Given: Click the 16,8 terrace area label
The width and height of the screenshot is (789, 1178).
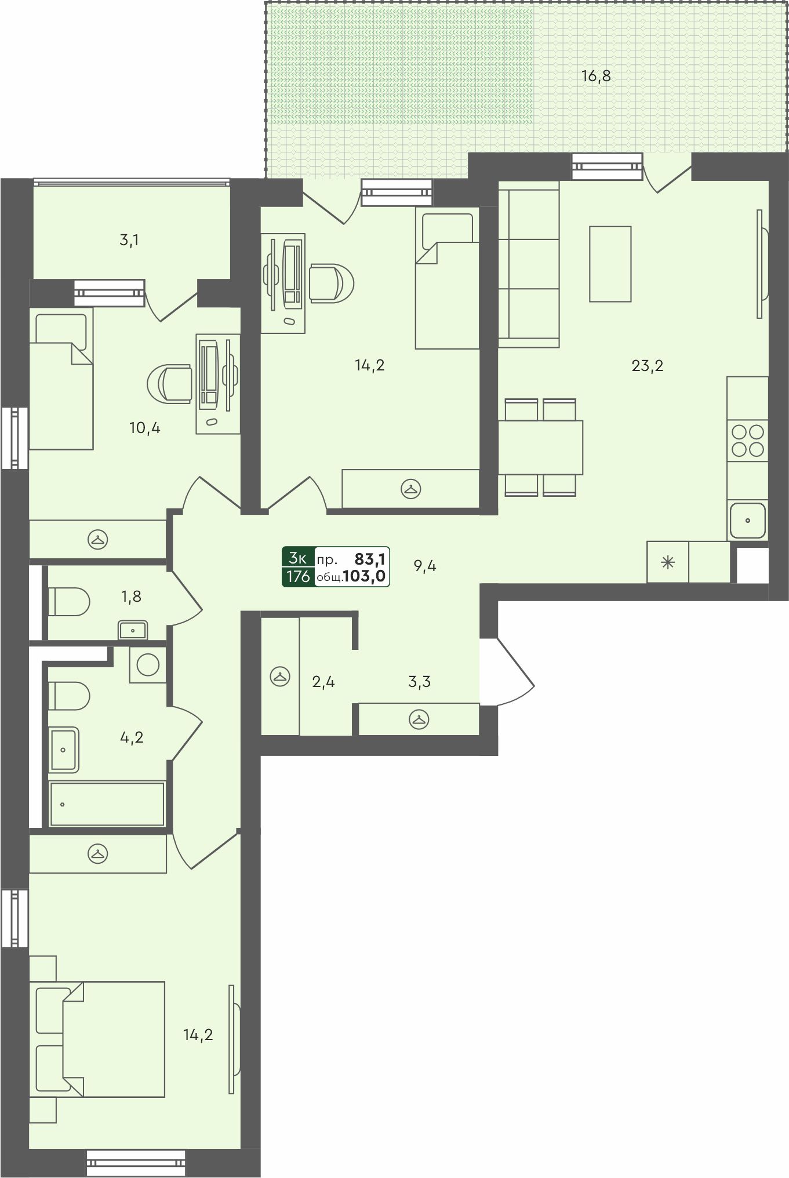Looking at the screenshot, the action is click(596, 76).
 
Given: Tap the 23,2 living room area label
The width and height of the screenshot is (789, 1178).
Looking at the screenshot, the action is click(648, 366).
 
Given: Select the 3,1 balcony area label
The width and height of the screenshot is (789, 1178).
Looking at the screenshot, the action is click(129, 240).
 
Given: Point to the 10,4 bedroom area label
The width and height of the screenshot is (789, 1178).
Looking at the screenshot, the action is click(144, 428).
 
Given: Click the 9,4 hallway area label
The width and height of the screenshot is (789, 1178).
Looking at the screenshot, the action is click(425, 566).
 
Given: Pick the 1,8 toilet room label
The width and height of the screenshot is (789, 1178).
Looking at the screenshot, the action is click(131, 597).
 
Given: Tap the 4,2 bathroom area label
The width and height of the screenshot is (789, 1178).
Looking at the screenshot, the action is click(132, 737).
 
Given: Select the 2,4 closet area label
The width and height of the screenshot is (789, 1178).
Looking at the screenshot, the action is click(323, 682).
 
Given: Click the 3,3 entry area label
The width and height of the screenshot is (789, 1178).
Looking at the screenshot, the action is click(419, 682).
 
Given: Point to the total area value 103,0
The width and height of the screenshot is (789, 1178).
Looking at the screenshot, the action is click(366, 577).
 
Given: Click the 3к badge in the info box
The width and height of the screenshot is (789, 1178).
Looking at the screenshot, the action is click(298, 558).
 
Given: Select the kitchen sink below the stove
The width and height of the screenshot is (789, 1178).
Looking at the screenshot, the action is click(747, 521).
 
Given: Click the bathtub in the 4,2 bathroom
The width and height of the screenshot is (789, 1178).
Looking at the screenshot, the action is click(107, 803).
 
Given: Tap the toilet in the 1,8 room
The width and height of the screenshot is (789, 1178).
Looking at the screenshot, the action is click(68, 602).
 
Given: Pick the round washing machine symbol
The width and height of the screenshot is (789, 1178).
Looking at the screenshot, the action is click(148, 664).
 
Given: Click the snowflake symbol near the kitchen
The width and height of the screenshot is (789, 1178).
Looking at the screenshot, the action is click(668, 562).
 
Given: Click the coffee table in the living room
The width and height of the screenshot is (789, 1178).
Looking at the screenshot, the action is click(610, 264).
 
